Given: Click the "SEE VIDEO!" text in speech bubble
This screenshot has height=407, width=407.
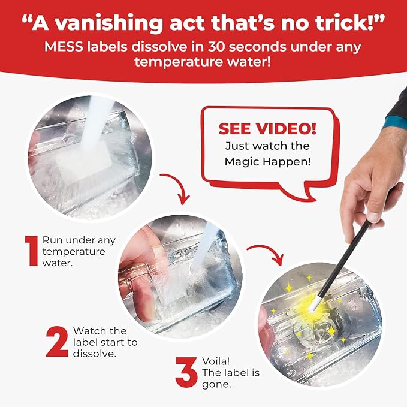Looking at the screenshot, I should point(267,128).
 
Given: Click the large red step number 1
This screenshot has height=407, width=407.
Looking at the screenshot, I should point(31,250).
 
